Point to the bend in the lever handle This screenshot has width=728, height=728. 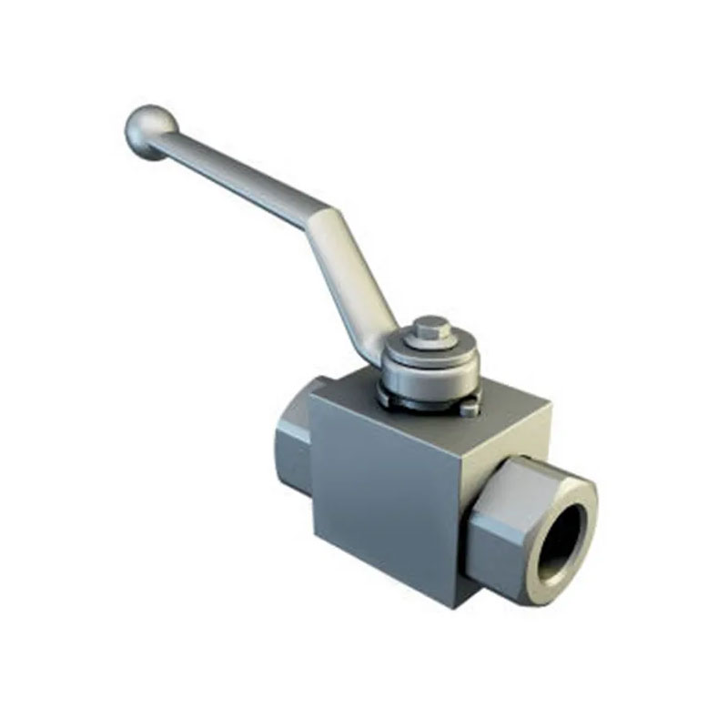(x=318, y=218)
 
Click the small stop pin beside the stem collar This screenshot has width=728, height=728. (x=469, y=409)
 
